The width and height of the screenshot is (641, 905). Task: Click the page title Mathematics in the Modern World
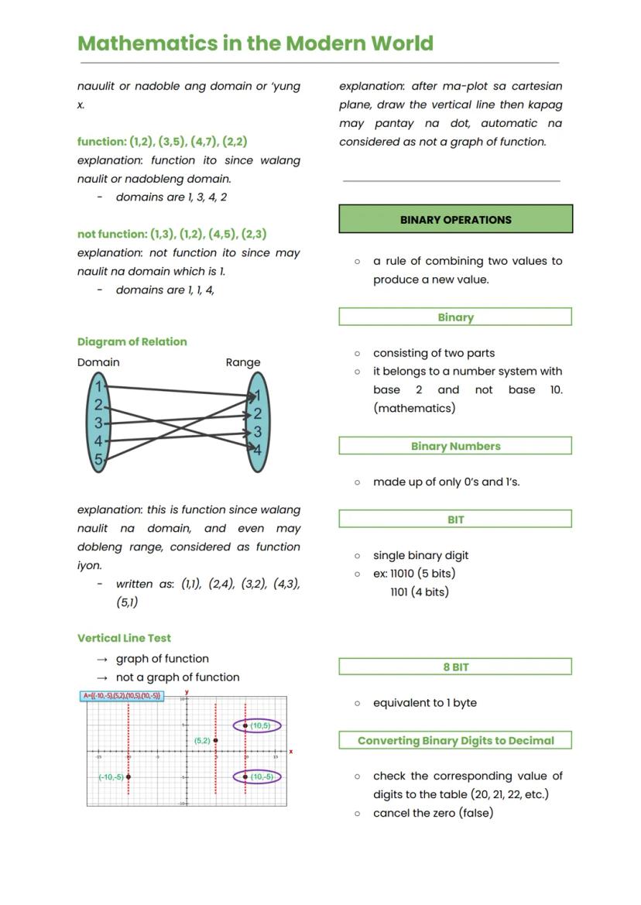point(255,43)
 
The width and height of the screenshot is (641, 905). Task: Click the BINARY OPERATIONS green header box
point(455,219)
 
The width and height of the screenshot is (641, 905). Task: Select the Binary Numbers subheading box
point(455,446)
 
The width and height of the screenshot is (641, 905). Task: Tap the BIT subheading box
point(455,519)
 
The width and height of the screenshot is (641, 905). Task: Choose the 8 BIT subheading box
point(455,667)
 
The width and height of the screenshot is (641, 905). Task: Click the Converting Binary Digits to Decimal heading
point(455,741)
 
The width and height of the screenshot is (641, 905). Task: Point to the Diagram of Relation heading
point(132,341)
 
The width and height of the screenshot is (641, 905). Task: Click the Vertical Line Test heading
point(124,638)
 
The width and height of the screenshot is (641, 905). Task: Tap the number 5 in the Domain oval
point(98,460)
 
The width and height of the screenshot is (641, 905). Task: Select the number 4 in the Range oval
point(257,450)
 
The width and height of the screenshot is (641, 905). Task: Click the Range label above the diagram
point(243,362)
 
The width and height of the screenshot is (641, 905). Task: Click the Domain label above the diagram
point(98,362)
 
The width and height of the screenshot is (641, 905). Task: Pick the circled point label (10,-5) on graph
point(260,776)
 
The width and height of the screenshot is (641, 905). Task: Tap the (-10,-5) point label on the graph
point(111,776)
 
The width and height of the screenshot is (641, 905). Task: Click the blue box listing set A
point(122,696)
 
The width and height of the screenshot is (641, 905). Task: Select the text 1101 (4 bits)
point(420,592)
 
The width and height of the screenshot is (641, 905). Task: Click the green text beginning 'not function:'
point(172,234)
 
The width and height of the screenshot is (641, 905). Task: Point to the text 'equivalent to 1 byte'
point(424,703)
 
